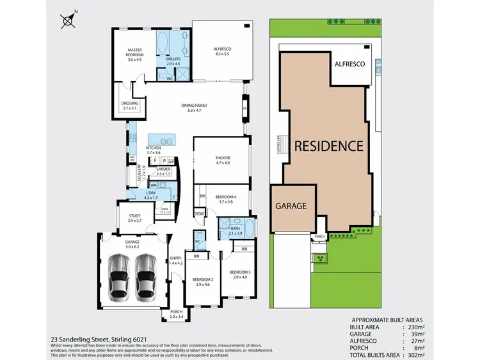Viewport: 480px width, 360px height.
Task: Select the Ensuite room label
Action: pos(173,61)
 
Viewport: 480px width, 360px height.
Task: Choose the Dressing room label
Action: pos(130,106)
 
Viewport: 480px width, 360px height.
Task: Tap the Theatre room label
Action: pos(223,160)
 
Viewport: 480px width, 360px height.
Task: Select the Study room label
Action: pos(134,218)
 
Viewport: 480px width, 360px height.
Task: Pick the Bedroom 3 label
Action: pos(239,274)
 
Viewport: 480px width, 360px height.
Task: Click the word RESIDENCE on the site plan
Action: pos(328,145)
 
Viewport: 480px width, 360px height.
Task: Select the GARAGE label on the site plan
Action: pos(292,207)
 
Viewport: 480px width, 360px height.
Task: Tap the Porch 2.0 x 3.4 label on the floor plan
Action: pos(176,314)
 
